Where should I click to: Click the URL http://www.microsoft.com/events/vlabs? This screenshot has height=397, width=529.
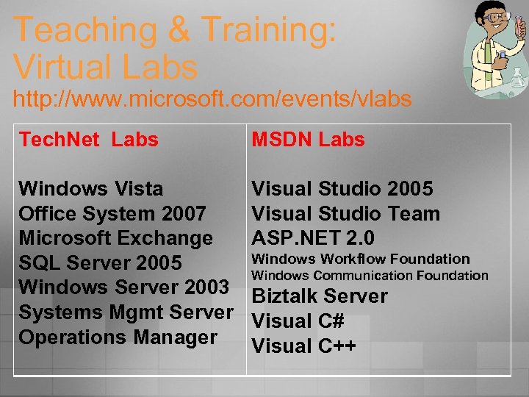(212, 99)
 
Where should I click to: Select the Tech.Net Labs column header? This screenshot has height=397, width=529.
(88, 140)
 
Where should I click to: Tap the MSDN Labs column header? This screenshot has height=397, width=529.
(308, 140)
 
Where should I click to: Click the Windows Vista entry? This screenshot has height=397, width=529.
(91, 189)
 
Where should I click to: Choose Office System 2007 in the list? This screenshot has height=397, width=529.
(112, 214)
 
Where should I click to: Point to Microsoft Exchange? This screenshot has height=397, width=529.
(115, 238)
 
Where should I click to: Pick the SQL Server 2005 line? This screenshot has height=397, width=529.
(100, 263)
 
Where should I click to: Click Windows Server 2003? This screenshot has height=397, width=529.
(123, 287)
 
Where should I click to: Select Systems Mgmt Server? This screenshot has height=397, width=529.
(126, 312)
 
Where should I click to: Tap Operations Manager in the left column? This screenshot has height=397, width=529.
(118, 337)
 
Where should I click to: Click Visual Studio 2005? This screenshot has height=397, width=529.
(342, 189)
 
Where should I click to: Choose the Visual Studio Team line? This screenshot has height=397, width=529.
(345, 214)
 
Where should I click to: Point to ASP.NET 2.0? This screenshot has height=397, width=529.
(313, 238)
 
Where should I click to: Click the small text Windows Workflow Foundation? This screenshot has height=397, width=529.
(360, 259)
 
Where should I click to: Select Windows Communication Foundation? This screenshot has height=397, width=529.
(370, 276)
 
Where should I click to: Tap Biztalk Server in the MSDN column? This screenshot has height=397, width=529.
(320, 296)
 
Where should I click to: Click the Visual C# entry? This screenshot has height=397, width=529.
(298, 321)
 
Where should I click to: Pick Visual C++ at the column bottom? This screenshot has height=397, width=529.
(303, 346)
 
